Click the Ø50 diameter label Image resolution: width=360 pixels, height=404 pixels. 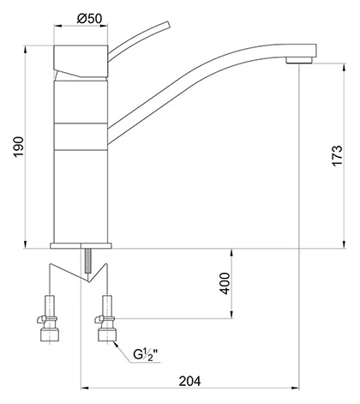coord(89,19)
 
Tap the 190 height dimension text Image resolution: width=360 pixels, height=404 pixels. coord(19,147)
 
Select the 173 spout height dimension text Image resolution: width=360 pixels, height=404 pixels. coord(337,155)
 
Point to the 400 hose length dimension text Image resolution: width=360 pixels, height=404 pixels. coord(225,283)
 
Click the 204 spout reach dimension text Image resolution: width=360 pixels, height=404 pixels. coord(190,381)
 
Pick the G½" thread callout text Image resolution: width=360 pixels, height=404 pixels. coord(146,354)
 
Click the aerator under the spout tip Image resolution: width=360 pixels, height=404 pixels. coord(299,60)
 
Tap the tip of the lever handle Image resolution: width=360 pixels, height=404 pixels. coord(168,25)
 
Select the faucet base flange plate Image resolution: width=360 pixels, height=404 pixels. coord(81,245)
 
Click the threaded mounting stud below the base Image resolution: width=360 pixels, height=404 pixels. coord(88,261)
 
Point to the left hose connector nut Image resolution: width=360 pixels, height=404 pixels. coord(50,335)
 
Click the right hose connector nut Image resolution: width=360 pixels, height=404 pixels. coord(107,335)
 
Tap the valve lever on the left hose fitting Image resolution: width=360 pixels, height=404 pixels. coord(40,319)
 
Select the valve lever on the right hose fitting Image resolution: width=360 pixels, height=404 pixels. coord(98,319)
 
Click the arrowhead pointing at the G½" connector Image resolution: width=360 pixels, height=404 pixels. coord(116,344)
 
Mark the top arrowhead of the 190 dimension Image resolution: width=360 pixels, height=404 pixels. coord(26,49)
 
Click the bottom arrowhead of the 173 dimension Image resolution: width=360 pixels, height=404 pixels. coord(345,244)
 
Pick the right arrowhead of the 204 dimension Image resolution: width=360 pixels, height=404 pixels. coord(295,388)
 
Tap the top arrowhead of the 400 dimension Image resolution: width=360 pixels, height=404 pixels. coord(231,253)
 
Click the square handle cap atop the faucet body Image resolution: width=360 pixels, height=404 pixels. coord(81,61)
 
